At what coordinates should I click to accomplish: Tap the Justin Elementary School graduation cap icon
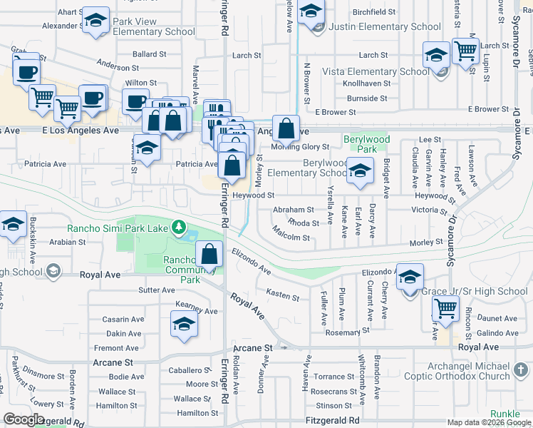point(311,13)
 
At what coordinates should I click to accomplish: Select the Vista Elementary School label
point(376,71)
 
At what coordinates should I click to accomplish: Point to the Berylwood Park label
point(360,144)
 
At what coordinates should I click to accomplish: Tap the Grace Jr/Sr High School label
point(475,291)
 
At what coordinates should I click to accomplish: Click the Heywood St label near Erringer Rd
point(254,195)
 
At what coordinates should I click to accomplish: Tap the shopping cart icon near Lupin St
point(465,51)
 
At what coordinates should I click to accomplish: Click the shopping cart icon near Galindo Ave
point(445,309)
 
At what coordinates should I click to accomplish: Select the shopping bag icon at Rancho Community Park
point(209,253)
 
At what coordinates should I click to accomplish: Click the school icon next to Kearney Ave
point(184,324)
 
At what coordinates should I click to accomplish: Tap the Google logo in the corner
point(24,419)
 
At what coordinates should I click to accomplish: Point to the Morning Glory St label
point(300,148)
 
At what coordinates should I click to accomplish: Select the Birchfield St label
point(374,12)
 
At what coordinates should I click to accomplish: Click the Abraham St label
point(294,210)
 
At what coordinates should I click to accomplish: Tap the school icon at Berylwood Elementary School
point(361,170)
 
